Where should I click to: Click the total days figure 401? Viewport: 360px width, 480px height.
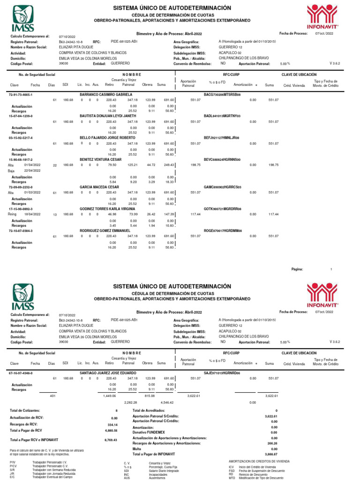tap(52, 396)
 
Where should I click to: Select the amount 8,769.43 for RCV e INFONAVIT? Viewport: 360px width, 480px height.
tap(111, 440)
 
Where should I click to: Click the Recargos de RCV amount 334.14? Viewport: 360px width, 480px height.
tap(111, 425)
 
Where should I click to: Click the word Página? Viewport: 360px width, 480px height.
tap(297, 270)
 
